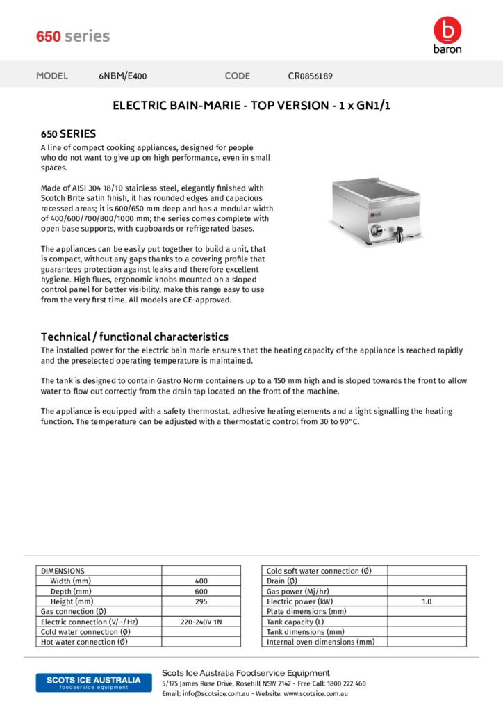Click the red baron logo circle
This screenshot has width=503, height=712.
[x=447, y=30]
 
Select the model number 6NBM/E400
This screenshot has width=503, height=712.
[x=123, y=76]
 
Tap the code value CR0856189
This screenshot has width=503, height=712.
[x=315, y=76]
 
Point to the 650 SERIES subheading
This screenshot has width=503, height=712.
[x=68, y=133]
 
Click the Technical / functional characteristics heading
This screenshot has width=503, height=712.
[x=135, y=337]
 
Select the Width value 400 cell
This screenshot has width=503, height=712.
[x=201, y=581]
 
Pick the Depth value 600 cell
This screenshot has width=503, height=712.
[x=201, y=591]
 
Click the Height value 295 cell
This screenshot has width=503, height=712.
[x=201, y=601]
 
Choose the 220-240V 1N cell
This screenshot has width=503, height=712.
[x=201, y=622]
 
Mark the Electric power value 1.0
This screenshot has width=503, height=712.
[x=427, y=601]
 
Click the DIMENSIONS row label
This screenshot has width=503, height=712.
[x=63, y=571]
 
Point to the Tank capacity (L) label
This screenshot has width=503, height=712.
[x=295, y=622]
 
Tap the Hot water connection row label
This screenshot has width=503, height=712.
[x=85, y=642]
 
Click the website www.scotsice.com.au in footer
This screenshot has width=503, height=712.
[x=315, y=693]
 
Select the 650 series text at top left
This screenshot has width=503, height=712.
[x=73, y=36]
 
